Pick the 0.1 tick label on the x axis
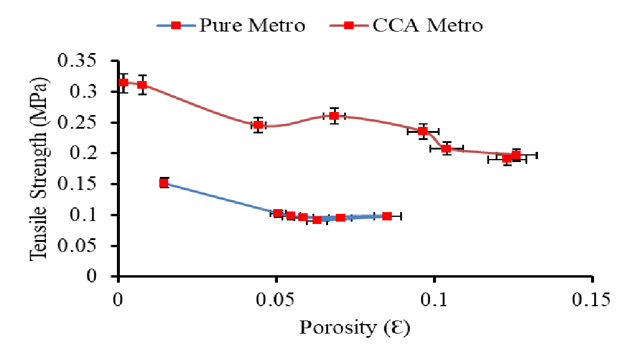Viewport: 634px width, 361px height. [x=434, y=298]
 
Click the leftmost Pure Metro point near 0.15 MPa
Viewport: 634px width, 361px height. [x=164, y=183]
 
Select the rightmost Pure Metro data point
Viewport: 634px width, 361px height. [x=387, y=216]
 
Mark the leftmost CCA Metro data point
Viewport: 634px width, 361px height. [x=123, y=83]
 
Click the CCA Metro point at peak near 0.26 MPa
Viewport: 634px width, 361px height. [x=334, y=116]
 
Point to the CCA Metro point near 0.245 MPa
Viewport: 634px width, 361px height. [x=258, y=125]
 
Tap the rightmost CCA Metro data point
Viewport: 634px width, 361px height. [x=516, y=155]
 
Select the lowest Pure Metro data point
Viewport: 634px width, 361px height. [x=317, y=220]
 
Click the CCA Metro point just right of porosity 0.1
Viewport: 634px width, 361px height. [x=446, y=148]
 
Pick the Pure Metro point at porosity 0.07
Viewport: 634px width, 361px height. [x=341, y=218]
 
